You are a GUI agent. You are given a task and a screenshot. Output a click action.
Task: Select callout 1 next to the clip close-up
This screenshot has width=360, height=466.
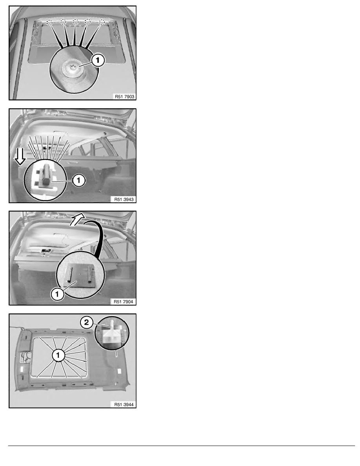pyautogui.click(x=78, y=180)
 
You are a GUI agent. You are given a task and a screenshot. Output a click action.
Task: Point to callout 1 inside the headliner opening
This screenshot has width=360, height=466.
pyautogui.click(x=58, y=355)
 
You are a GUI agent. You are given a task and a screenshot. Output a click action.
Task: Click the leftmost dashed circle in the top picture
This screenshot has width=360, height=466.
pyautogui.click(x=51, y=23)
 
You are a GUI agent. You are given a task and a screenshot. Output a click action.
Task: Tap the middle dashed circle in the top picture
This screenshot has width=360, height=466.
pyautogui.click(x=76, y=22)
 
